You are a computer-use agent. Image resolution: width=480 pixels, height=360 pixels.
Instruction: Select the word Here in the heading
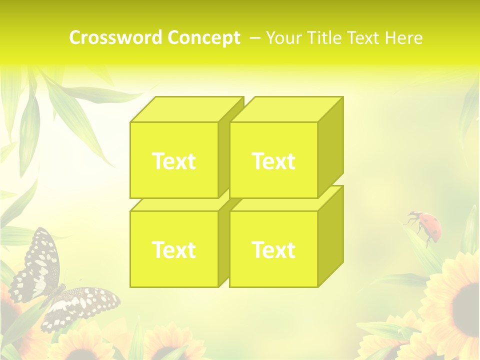tap(403, 38)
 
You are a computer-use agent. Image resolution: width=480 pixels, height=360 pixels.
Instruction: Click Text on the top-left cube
tap(173, 161)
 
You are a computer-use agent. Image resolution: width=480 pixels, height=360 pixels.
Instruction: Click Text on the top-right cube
tap(273, 161)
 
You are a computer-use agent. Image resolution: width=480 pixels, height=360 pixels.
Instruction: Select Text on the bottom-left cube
tap(173, 249)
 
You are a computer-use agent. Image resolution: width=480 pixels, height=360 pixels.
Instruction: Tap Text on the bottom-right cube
tap(273, 249)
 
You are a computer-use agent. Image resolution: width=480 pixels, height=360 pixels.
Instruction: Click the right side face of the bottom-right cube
tap(331, 237)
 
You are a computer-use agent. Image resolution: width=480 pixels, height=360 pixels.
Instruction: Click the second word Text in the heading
tap(364, 38)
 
